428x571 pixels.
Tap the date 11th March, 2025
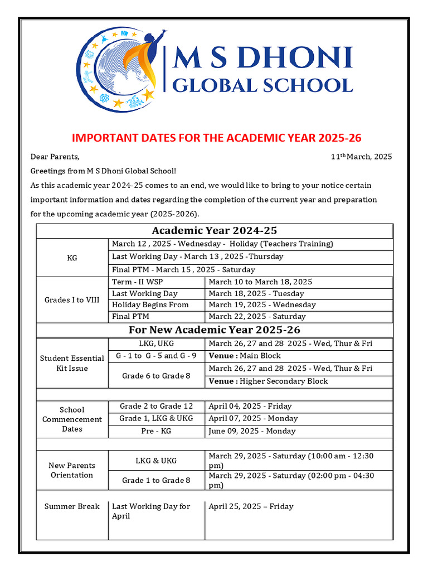pos(361,157)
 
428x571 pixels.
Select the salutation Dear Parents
pos(55,157)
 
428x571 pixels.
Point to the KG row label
pos(72,258)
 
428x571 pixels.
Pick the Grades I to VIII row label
pos(72,300)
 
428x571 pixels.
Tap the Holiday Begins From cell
pos(150,305)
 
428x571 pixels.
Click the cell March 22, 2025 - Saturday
pos(257,317)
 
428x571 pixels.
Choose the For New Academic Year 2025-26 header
pos(215,330)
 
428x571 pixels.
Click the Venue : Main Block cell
pos(244,356)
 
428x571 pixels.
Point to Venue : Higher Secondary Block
pos(268,381)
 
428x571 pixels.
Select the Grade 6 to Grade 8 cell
pos(156,376)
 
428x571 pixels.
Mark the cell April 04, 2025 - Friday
pos(250,407)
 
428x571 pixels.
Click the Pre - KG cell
pos(156,431)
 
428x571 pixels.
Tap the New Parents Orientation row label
pos(72,470)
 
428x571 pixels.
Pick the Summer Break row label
pos(72,506)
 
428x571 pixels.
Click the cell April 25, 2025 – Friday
pos(250,506)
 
